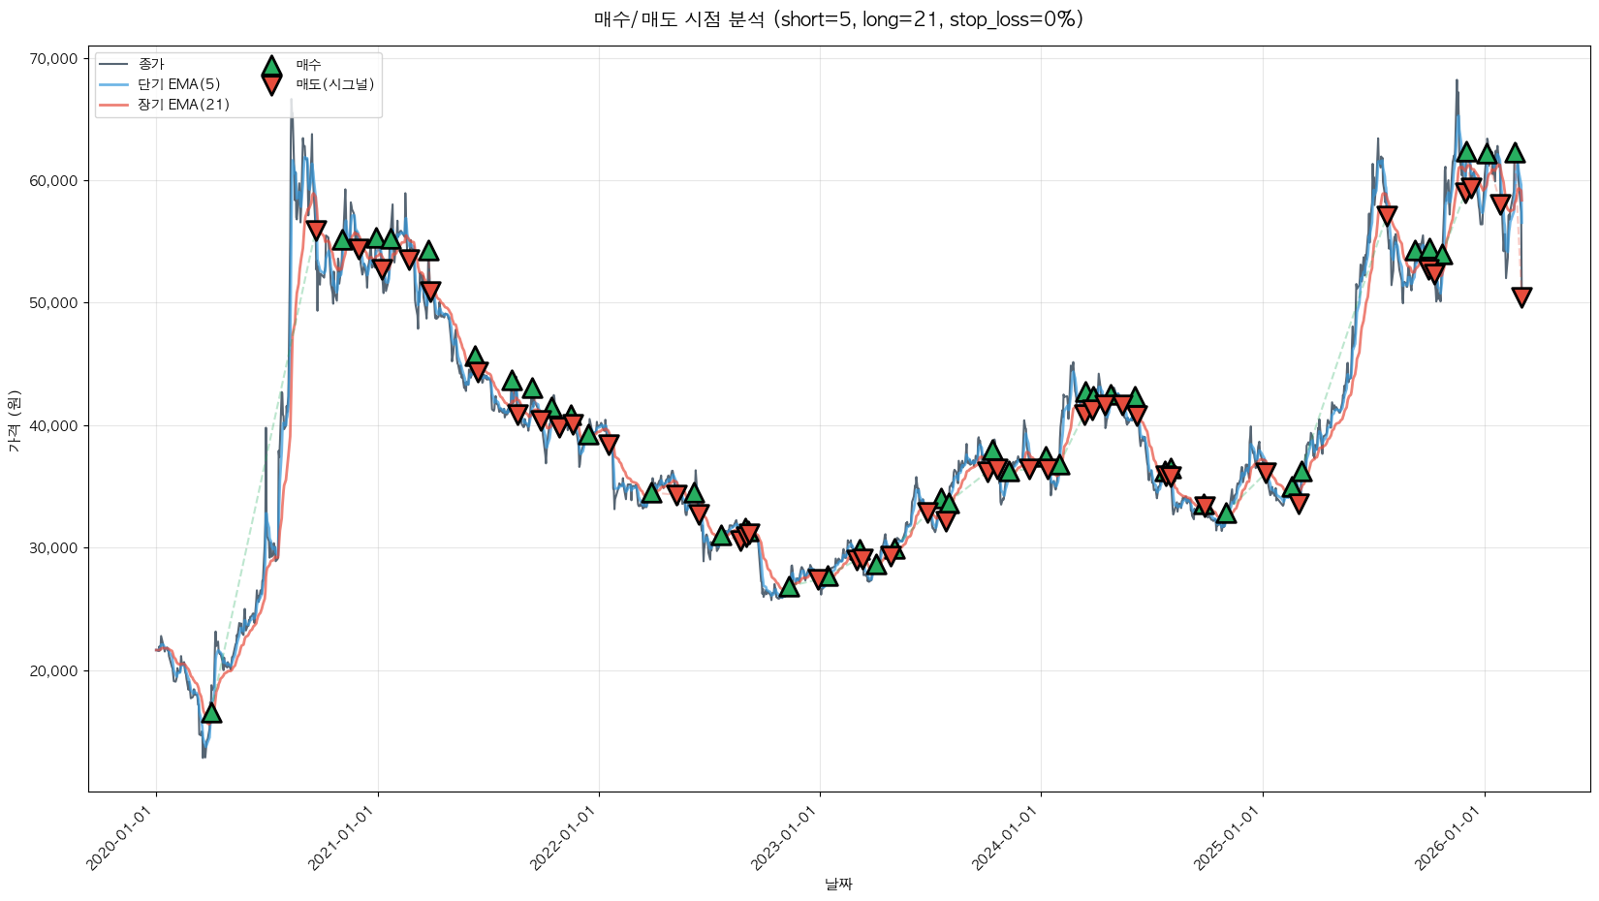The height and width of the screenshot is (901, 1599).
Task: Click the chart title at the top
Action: [838, 19]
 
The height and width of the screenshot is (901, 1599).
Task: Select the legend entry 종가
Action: [151, 65]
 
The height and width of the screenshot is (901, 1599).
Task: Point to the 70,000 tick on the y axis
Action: [53, 59]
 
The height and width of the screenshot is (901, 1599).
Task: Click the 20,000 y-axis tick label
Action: [53, 670]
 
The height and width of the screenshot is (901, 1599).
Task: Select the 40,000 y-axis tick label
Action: [53, 425]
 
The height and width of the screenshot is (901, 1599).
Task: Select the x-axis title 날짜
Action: [838, 884]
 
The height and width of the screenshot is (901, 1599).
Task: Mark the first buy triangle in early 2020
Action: [210, 713]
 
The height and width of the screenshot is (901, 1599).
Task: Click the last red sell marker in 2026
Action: [1521, 296]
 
